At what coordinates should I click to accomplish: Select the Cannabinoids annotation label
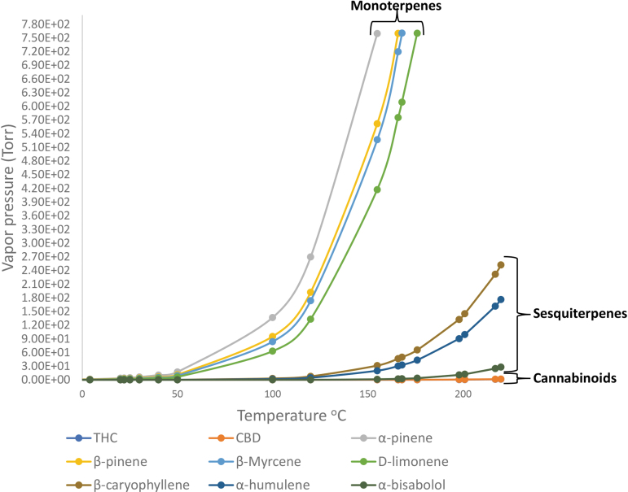click(x=573, y=378)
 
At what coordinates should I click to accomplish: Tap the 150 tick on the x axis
click(x=368, y=394)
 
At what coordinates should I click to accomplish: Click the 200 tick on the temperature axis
click(x=463, y=394)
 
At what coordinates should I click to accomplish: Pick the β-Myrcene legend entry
click(x=264, y=461)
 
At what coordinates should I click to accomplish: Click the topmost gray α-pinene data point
click(x=377, y=33)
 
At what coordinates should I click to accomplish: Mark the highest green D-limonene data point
click(x=417, y=33)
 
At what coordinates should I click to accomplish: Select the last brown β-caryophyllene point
click(x=501, y=264)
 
